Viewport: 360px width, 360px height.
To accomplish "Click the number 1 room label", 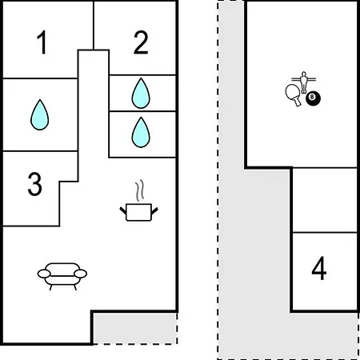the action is [x=42, y=42].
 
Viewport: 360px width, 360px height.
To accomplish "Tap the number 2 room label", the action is [x=141, y=42].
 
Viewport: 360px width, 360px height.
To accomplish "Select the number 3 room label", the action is [x=34, y=184].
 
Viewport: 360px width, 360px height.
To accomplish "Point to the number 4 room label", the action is [x=319, y=268].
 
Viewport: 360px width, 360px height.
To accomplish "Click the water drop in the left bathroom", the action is [x=40, y=115].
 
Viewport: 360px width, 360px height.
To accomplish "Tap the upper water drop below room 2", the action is [x=141, y=94].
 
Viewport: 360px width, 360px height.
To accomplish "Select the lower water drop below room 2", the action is [x=141, y=132].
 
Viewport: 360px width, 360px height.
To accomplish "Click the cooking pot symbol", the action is [x=138, y=212].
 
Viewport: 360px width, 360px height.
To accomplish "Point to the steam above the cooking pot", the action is [x=139, y=190].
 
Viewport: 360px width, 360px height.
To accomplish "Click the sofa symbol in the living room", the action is [x=62, y=276].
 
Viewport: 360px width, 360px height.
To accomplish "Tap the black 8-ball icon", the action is [x=313, y=98].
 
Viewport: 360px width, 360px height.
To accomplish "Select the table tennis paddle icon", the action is [x=294, y=94].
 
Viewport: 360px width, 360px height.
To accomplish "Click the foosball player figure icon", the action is [x=303, y=82].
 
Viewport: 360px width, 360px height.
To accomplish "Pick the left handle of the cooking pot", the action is [x=123, y=210].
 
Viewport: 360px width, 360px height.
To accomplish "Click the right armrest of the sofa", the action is [x=81, y=274].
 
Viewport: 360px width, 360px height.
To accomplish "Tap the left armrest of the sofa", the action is [x=44, y=274].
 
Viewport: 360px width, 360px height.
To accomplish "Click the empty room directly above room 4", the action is [x=325, y=200].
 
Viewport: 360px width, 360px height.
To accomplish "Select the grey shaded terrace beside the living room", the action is [x=134, y=328].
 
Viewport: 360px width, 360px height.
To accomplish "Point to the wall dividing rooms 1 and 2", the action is [x=94, y=26].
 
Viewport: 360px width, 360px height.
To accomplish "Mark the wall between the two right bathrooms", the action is [x=142, y=111].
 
